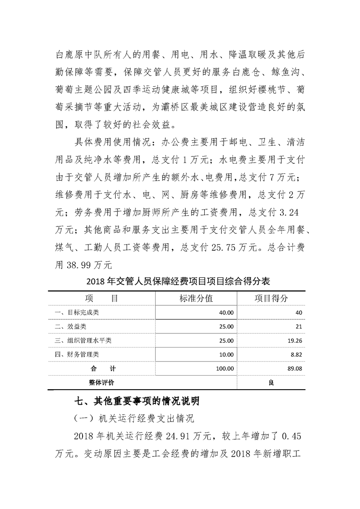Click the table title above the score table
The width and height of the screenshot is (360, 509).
tap(179, 281)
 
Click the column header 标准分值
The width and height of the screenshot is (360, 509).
tap(196, 299)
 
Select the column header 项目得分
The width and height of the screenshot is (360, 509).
tap(271, 299)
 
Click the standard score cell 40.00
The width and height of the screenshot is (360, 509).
tap(226, 313)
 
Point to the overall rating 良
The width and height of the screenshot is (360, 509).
tap(271, 382)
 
